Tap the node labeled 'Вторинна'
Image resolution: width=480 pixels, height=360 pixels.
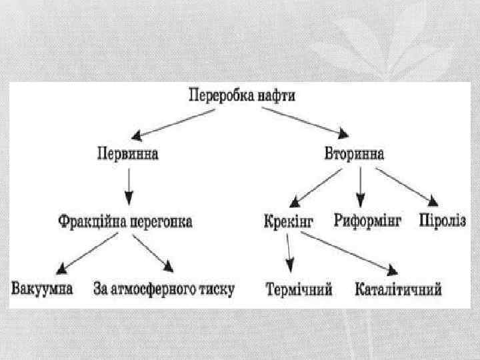tap(353, 154)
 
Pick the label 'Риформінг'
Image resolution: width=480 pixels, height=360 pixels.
tap(367, 221)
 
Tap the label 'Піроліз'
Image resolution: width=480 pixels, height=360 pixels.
tap(442, 221)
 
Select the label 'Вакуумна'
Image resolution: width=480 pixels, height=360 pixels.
tap(42, 289)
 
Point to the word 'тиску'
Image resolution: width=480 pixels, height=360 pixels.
tap(215, 289)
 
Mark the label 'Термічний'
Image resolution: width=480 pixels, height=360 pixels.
tap(298, 290)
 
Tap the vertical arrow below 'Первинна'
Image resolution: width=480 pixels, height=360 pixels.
tap(129, 187)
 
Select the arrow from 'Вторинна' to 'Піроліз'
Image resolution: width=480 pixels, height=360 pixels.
tap(407, 186)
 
